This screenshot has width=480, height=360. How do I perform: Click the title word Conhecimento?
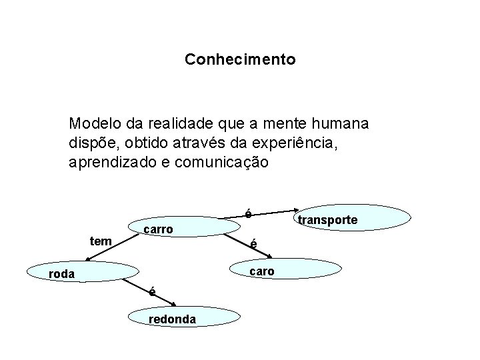point(240,60)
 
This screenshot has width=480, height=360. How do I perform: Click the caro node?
point(261,271)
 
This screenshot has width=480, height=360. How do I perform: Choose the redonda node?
point(172,319)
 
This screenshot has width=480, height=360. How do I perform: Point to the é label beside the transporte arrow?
point(248,214)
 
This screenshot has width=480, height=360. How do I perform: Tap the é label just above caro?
point(253,245)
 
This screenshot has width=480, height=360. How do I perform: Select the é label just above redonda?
point(153,291)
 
